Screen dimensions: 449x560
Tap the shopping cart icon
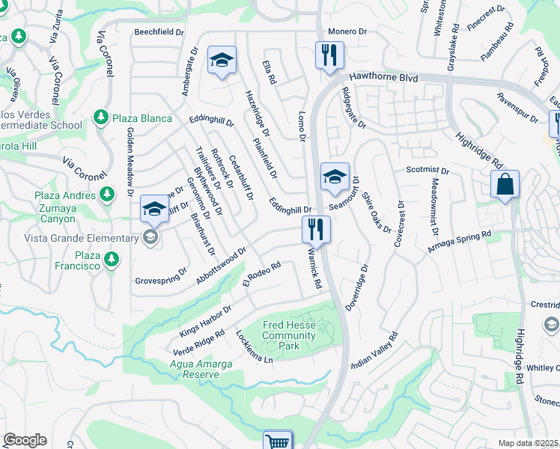[x=278, y=441]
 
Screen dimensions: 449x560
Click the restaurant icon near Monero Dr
[x=329, y=56]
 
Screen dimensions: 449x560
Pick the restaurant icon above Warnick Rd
[x=316, y=229]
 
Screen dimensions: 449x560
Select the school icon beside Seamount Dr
[x=335, y=177]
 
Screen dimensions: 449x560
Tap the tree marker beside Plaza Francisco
[x=112, y=259]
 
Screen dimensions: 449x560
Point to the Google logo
[x=25, y=440]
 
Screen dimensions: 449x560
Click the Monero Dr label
[x=347, y=32]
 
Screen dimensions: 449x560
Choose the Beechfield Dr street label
[x=159, y=32]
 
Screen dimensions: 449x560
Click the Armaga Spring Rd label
[x=459, y=243]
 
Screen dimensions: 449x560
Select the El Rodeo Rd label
[x=261, y=275]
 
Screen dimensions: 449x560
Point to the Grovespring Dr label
[x=161, y=276]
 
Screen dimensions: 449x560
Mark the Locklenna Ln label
[x=254, y=347]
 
